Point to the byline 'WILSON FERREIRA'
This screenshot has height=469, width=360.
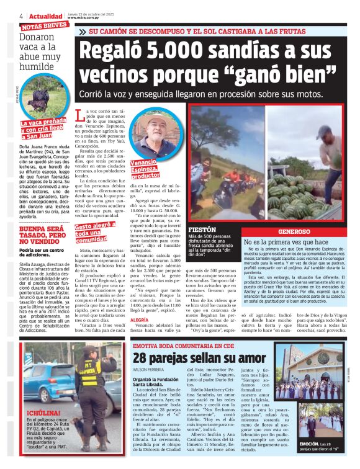click(x=150, y=369)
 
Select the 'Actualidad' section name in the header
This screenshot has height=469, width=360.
click(x=43, y=16)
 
